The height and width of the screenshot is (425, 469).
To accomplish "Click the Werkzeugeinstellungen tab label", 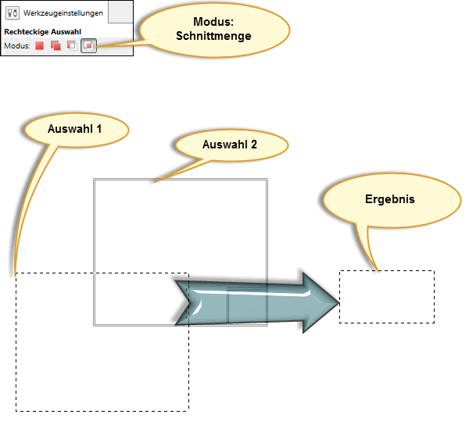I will [63, 13].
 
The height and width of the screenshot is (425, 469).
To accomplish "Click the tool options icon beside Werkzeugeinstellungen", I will [13, 13].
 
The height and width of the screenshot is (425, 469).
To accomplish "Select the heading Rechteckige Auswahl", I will [43, 32].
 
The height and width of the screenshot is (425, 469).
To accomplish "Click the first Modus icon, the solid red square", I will [39, 46].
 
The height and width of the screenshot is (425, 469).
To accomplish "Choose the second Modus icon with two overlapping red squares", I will [55, 46].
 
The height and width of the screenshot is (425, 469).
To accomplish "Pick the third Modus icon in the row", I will [72, 46].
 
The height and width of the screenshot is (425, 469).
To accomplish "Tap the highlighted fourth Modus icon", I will [89, 46].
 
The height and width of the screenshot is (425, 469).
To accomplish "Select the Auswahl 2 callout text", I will [230, 145].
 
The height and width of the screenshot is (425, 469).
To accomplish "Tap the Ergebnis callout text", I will [390, 198].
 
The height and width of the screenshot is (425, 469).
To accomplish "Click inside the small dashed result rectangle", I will [387, 297].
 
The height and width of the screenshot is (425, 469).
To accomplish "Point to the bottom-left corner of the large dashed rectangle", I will [16, 411].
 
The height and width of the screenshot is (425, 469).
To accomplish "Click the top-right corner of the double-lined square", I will [267, 180].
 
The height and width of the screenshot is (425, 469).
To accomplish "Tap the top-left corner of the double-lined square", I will [95, 180].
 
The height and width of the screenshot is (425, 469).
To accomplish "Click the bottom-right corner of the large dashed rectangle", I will [188, 411].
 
